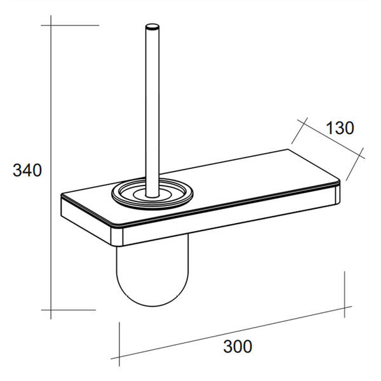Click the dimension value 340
[27, 170]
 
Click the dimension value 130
[340, 128]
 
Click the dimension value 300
[237, 346]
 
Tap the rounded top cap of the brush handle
[152, 27]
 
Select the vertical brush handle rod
[152, 110]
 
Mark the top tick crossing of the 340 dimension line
[51, 25]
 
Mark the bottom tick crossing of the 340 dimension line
[51, 310]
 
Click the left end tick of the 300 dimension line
[119, 357]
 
